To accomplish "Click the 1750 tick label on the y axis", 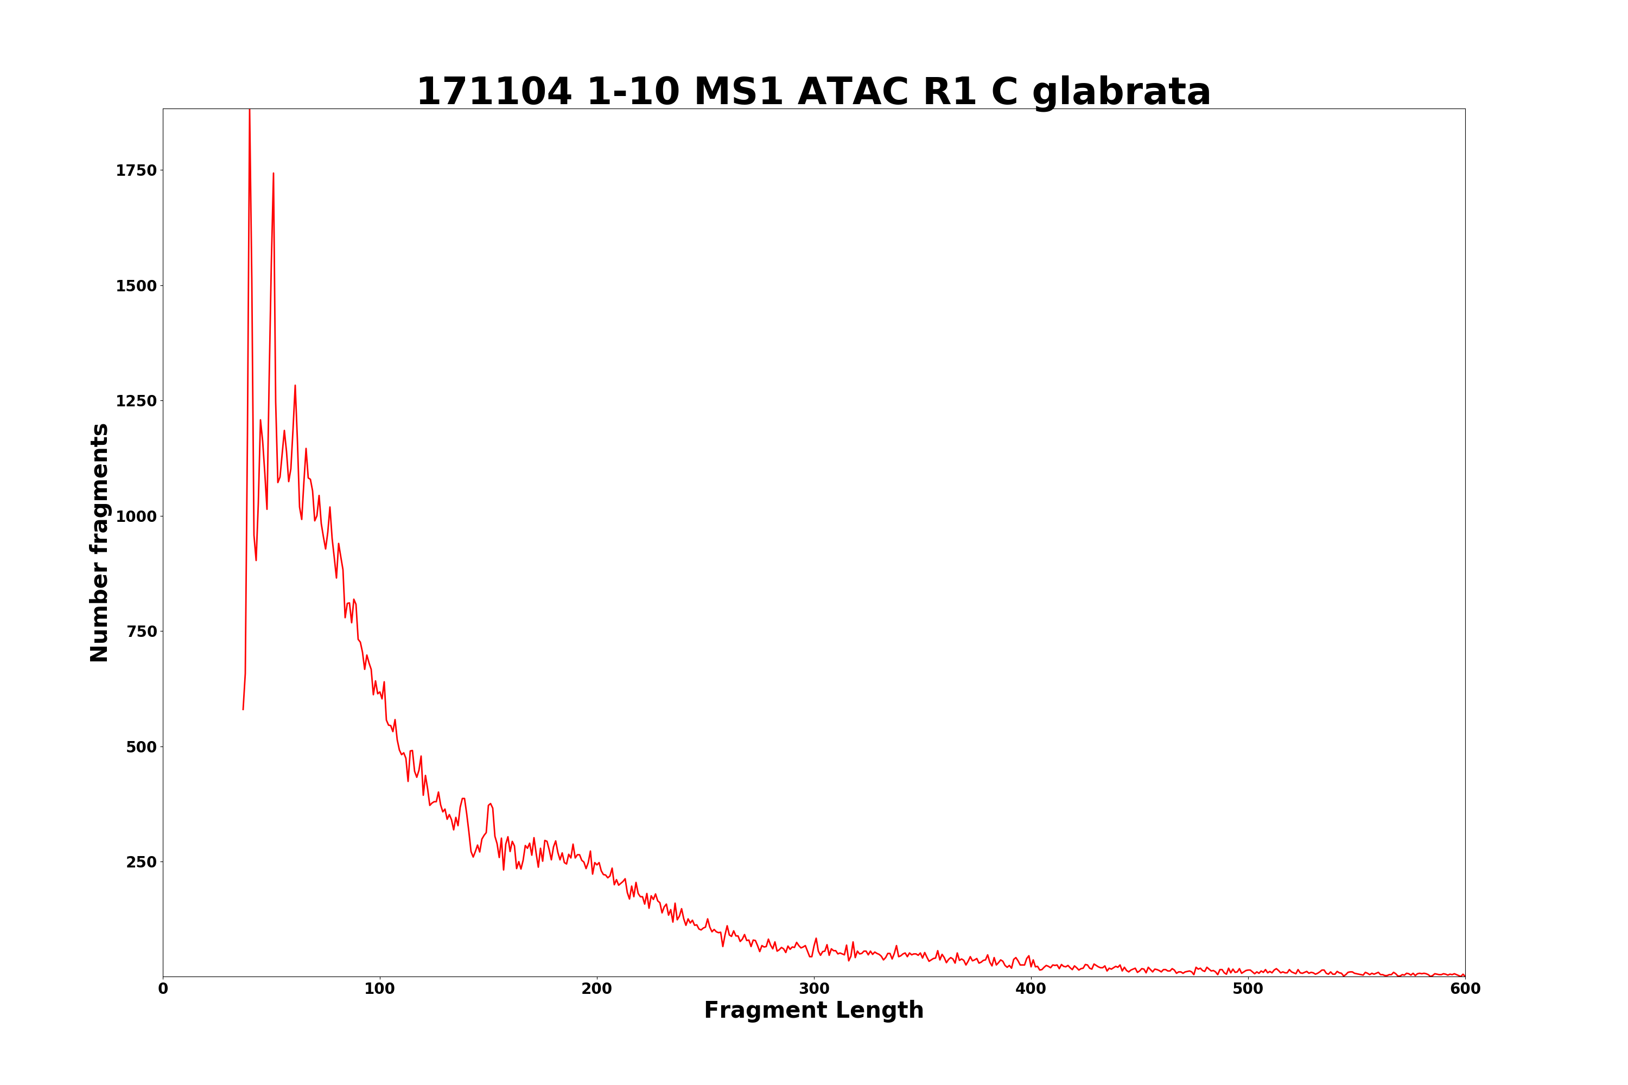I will click(136, 171).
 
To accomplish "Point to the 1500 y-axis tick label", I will click(136, 286).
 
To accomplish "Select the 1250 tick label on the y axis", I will click(136, 401).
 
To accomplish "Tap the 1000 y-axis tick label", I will click(136, 517).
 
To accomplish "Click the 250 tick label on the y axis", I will click(141, 862).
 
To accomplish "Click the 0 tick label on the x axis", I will click(163, 990).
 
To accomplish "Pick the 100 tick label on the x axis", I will click(380, 990).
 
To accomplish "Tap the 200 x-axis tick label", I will click(596, 990).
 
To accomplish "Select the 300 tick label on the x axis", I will click(814, 990).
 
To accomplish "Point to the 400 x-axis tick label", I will click(1031, 990).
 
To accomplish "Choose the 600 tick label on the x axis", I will click(1465, 990).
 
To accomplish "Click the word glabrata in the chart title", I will click(1121, 93).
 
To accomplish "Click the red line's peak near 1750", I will click(274, 174).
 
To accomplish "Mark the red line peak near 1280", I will click(295, 386).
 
